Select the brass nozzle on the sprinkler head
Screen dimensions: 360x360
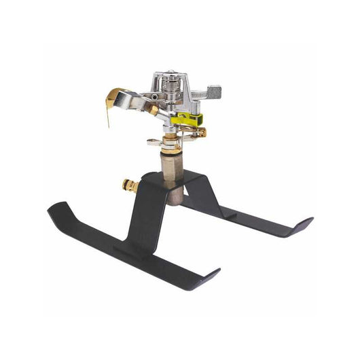click(x=154, y=109)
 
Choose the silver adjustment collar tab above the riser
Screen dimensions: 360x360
click(x=153, y=143)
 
